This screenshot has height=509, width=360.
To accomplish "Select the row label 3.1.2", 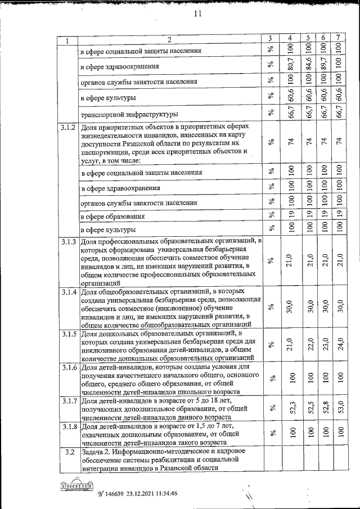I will coord(67,128).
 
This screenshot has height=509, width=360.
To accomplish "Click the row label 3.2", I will coord(67,452).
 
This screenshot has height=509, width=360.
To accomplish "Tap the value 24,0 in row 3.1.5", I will coord(337,344).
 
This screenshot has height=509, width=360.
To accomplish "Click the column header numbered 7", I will coord(337,38).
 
